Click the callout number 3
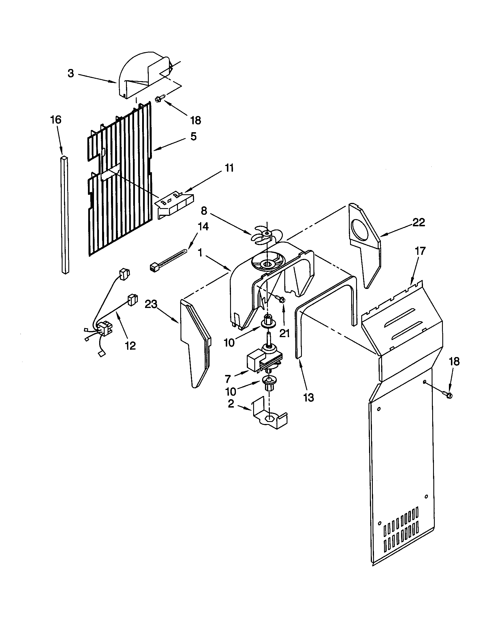[x=71, y=74]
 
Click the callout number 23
[x=151, y=305]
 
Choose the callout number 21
[x=285, y=333]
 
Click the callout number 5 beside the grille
[x=193, y=136]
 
